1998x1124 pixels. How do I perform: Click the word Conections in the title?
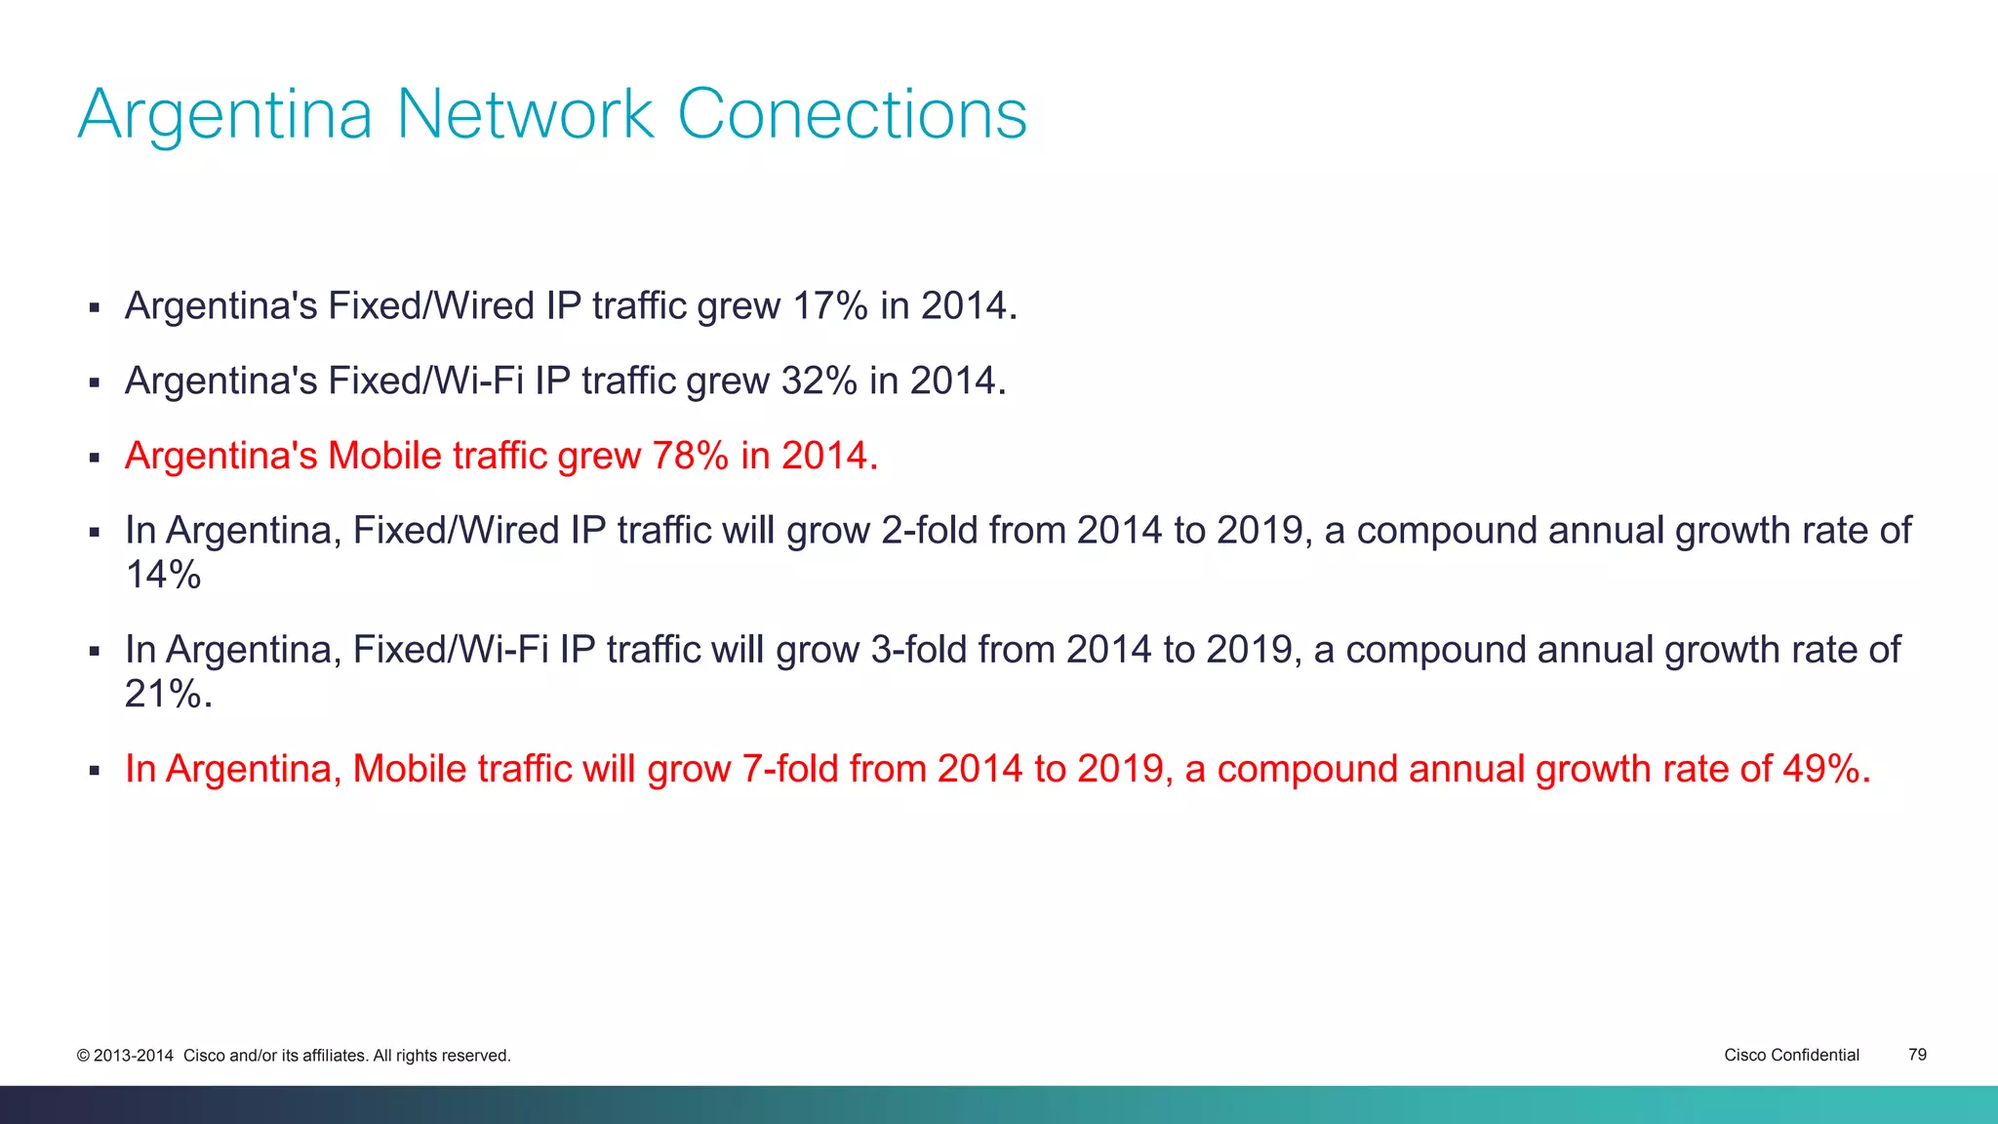[852, 115]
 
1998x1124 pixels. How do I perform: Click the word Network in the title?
[525, 115]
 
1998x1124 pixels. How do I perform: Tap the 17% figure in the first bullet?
[829, 306]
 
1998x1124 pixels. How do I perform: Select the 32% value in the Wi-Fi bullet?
[819, 381]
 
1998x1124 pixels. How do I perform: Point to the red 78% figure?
[690, 457]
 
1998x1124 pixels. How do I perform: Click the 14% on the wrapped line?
[163, 575]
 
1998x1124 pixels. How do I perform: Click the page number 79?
[1917, 1055]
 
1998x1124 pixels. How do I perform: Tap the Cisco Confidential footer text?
[1791, 1055]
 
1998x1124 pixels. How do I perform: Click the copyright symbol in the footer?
[83, 1056]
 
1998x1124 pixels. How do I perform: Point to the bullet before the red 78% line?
[95, 458]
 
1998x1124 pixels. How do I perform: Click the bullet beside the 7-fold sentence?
[95, 771]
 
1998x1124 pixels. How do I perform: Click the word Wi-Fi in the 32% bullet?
[479, 381]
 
